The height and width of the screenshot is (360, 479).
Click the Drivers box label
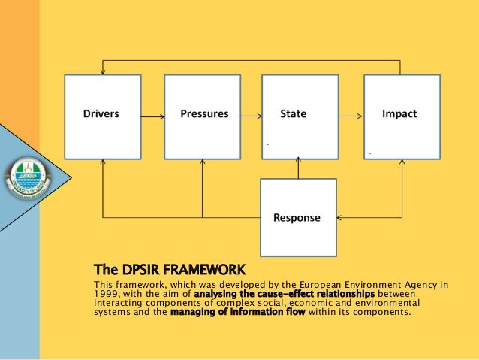coord(101,115)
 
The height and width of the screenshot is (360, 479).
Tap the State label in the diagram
coord(293,115)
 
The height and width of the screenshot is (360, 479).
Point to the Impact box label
coord(399,115)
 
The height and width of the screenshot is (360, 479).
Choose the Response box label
coord(297,218)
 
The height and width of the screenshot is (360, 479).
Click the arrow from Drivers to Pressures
coord(152,116)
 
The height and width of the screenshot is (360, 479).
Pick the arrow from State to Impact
coord(350,116)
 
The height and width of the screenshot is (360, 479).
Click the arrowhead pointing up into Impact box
coord(402,162)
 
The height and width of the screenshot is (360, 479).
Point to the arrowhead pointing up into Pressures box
coord(202,162)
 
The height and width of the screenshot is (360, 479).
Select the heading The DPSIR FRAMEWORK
coord(169,268)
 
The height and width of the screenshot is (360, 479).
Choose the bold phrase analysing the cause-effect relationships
coord(284,294)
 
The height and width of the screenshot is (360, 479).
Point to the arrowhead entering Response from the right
coord(340,218)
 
